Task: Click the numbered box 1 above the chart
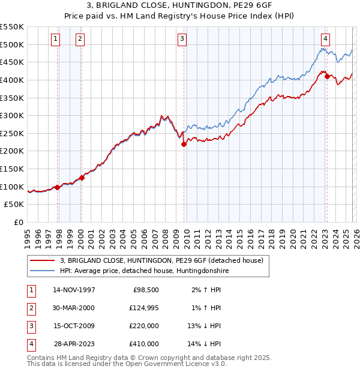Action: tap(55, 39)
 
